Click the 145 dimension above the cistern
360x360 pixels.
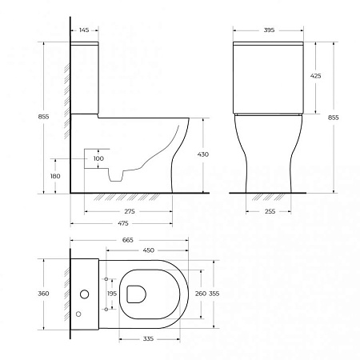84,30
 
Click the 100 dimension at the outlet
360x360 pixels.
99,158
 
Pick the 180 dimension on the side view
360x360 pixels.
54,176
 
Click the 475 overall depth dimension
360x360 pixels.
122,223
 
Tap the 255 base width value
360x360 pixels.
259,210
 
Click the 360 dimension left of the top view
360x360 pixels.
44,294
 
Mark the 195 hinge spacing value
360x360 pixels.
111,294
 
